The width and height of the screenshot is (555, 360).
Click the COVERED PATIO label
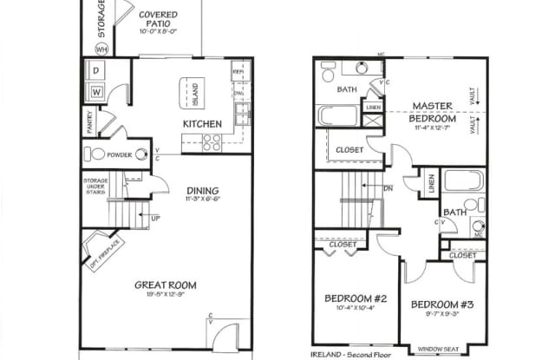point(158,21)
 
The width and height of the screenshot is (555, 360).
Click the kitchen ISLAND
point(194,90)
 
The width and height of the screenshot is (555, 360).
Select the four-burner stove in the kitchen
point(211,142)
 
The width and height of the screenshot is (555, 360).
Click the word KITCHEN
point(201,124)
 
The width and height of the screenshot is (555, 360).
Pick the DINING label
point(201,191)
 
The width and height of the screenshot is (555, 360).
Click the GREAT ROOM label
point(165,285)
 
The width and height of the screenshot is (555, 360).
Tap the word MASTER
point(432,106)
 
